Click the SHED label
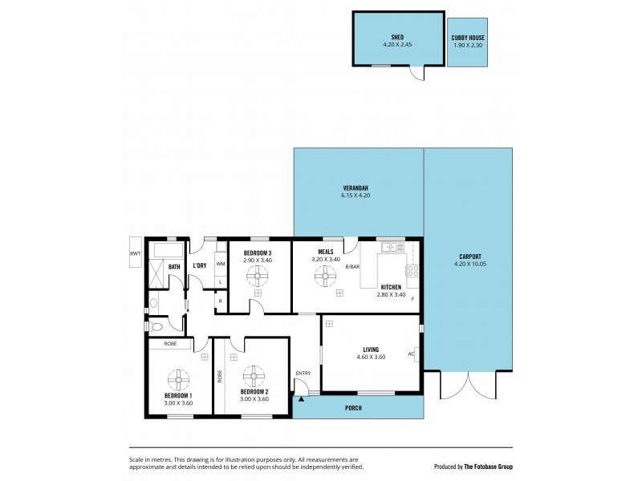pyautogui.click(x=397, y=37)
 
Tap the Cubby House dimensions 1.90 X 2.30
pyautogui.click(x=467, y=46)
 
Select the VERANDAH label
pyautogui.click(x=356, y=188)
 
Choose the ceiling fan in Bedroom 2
pyautogui.click(x=254, y=375)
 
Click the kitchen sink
pyautogui.click(x=392, y=247)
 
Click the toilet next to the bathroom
pyautogui.click(x=156, y=326)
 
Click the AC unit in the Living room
pyautogui.click(x=410, y=353)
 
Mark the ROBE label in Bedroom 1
pyautogui.click(x=169, y=343)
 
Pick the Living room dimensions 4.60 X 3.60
pyautogui.click(x=371, y=357)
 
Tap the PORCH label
pyautogui.click(x=353, y=408)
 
